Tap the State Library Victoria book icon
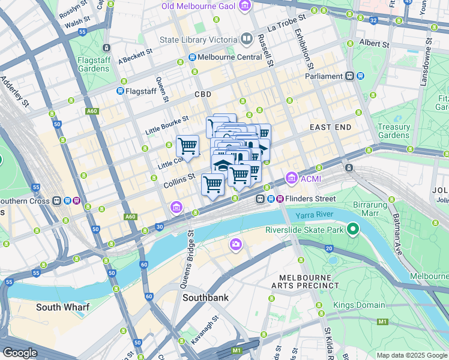(247, 40)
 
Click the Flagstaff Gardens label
(93, 64)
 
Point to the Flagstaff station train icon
(119, 91)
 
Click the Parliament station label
(324, 76)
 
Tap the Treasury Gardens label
(394, 131)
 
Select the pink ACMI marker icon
(292, 178)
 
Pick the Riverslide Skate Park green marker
(353, 229)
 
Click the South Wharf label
(62, 307)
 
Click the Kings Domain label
(360, 305)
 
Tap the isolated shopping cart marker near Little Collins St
(187, 146)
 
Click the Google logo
(20, 353)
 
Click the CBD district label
(203, 95)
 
